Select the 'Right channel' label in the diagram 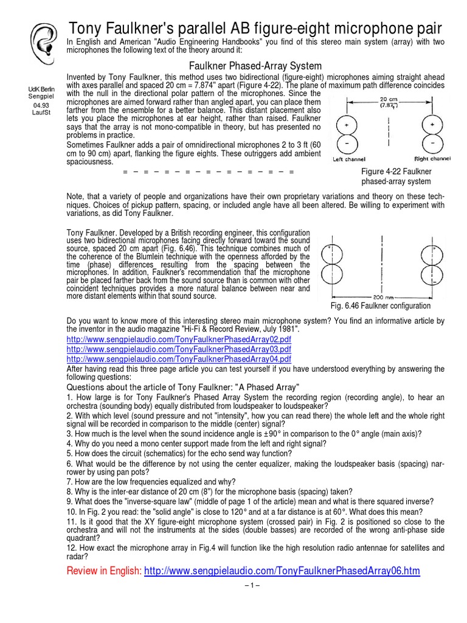[432, 159]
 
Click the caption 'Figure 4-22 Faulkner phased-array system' [396, 176]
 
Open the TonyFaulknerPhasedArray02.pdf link [178, 339]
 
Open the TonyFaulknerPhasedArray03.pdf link [178, 349]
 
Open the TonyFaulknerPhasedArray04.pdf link [178, 359]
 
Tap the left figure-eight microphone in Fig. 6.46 [331, 264]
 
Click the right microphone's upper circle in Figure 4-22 [432, 127]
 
